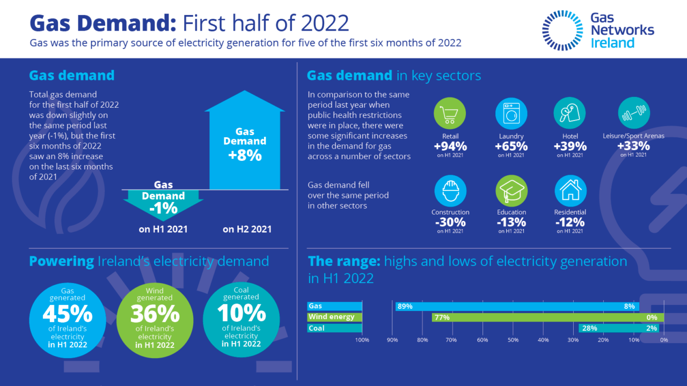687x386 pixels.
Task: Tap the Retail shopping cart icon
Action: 449,113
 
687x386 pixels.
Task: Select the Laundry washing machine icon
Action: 511,113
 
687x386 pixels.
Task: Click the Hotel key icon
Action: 569,113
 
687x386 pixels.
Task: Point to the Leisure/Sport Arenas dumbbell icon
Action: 634,113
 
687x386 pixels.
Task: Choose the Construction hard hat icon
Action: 450,191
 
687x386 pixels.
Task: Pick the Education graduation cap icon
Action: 511,191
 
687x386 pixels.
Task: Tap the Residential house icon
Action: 569,191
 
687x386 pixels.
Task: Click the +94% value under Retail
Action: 450,146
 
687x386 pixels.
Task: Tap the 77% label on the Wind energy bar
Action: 442,317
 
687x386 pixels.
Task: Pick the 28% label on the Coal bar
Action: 589,328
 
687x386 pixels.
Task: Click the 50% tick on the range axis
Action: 513,340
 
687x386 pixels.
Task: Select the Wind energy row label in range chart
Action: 332,317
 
